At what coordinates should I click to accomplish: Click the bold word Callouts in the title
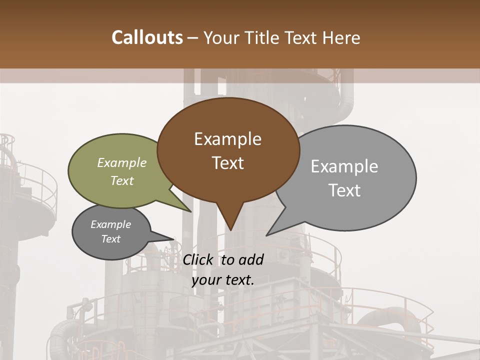(147, 37)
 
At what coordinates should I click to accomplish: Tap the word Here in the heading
(341, 38)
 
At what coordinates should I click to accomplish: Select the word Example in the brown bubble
(227, 139)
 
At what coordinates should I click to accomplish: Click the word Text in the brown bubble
(227, 163)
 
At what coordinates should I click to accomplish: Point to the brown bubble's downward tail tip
(230, 230)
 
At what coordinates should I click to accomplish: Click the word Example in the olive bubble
(122, 163)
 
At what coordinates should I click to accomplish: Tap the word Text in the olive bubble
(122, 180)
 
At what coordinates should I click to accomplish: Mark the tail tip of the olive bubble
(191, 212)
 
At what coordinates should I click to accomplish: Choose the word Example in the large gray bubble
(344, 166)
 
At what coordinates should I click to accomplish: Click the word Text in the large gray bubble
(344, 190)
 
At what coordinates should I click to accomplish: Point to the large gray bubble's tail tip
(266, 235)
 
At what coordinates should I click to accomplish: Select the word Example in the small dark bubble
(110, 224)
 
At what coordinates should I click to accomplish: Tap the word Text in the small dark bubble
(110, 239)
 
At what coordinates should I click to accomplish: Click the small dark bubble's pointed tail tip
(174, 238)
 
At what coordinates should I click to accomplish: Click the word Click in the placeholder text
(198, 259)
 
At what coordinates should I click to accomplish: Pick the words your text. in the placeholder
(223, 280)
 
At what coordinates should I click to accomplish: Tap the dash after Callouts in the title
(193, 38)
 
